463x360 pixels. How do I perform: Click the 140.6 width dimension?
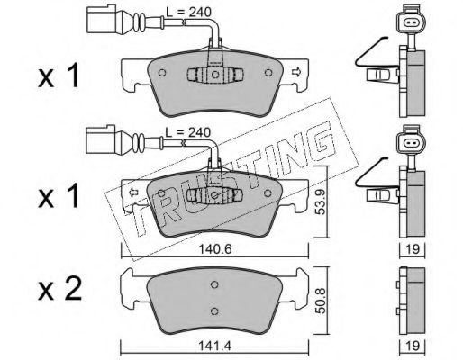[215, 249]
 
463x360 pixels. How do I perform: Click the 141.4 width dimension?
[214, 346]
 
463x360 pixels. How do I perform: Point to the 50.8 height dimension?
[321, 301]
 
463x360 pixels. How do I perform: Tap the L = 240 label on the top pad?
[188, 12]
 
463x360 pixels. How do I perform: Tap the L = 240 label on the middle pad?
[188, 132]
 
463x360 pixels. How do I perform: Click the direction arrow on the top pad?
[296, 72]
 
